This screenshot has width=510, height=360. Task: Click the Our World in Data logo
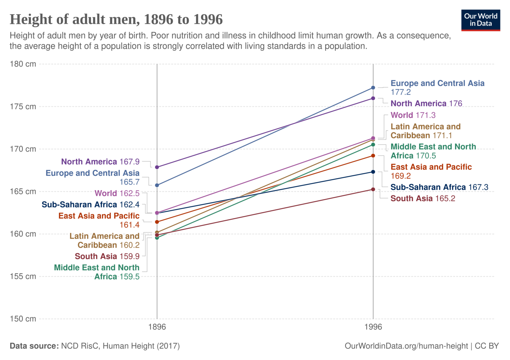pyautogui.click(x=480, y=20)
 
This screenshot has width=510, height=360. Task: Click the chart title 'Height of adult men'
pyautogui.click(x=116, y=20)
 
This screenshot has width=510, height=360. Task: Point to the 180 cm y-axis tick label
pyautogui.click(x=23, y=64)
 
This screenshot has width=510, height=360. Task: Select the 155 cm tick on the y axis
pyautogui.click(x=23, y=276)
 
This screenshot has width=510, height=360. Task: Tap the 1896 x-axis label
pyautogui.click(x=157, y=327)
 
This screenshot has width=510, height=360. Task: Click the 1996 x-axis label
pyautogui.click(x=373, y=327)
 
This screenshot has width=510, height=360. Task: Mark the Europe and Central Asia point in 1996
pyautogui.click(x=373, y=88)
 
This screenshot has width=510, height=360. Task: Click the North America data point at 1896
pyautogui.click(x=157, y=167)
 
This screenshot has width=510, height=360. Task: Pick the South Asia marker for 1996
pyautogui.click(x=373, y=189)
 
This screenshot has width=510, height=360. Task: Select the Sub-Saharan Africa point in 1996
pyautogui.click(x=373, y=172)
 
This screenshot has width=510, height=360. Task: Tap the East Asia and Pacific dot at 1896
pyautogui.click(x=157, y=222)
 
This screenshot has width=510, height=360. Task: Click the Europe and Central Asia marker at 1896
pyautogui.click(x=157, y=185)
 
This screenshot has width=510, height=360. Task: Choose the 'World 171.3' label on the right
pyautogui.click(x=413, y=115)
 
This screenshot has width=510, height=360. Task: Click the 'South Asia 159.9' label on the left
pyautogui.click(x=107, y=256)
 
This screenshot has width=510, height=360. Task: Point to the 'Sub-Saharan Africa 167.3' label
pyautogui.click(x=439, y=187)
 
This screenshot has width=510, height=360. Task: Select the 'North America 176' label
pyautogui.click(x=426, y=104)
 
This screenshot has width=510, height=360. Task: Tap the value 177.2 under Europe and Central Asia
pyautogui.click(x=400, y=92)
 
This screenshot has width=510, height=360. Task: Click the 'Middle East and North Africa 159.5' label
pyautogui.click(x=97, y=272)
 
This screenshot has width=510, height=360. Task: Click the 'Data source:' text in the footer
pyautogui.click(x=34, y=346)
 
